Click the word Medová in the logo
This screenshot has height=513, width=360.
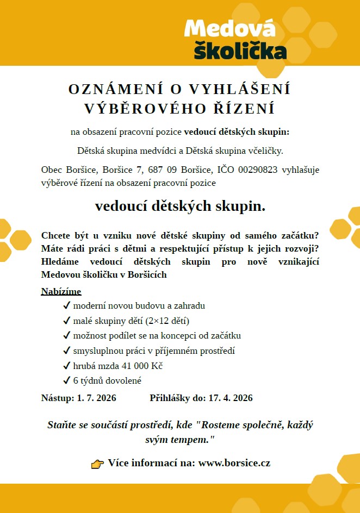(x=229, y=28)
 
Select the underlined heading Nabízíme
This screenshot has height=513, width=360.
(x=61, y=292)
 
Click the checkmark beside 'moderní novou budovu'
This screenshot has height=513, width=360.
(x=66, y=306)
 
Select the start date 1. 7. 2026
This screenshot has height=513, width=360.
(x=96, y=398)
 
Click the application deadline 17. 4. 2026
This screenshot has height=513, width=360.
(x=231, y=398)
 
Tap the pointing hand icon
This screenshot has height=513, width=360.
(x=97, y=464)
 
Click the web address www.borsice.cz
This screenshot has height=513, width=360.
(x=234, y=464)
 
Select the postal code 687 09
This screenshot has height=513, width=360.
(x=160, y=170)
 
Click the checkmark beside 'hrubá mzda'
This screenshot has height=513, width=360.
(x=66, y=366)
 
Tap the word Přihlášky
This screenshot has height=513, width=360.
(x=170, y=398)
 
